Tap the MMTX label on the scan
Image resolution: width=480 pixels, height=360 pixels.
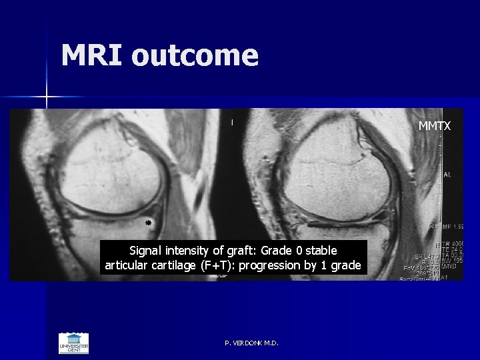tap(434, 125)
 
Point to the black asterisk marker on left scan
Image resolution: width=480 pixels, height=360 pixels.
tap(149, 221)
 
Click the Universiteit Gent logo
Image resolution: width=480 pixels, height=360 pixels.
tap(73, 343)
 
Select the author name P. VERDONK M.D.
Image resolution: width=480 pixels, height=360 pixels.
tap(252, 343)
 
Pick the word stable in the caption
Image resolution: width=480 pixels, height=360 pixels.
tap(321, 251)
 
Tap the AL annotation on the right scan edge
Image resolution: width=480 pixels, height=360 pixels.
tap(447, 175)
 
